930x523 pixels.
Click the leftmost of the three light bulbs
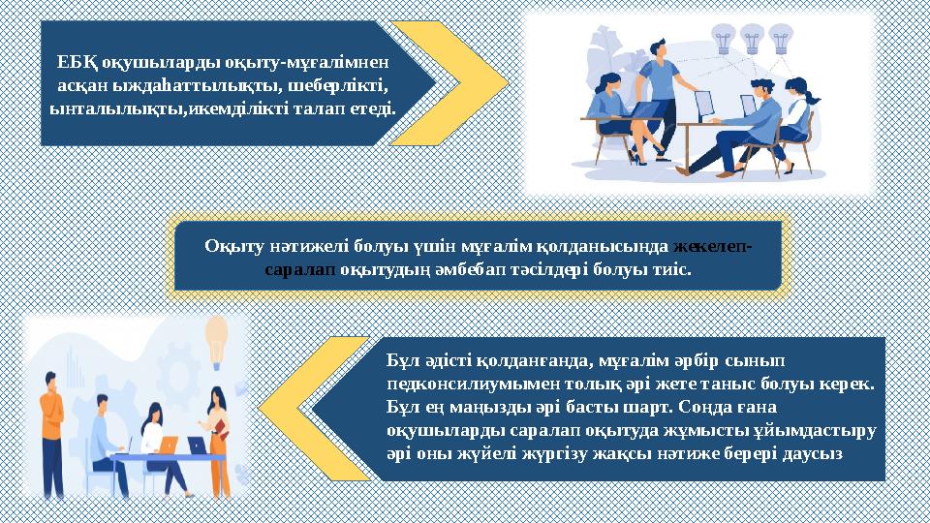pyautogui.click(x=723, y=40)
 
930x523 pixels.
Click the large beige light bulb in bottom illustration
pyautogui.click(x=216, y=334)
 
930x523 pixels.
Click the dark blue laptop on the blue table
pyautogui.click(x=197, y=445)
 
